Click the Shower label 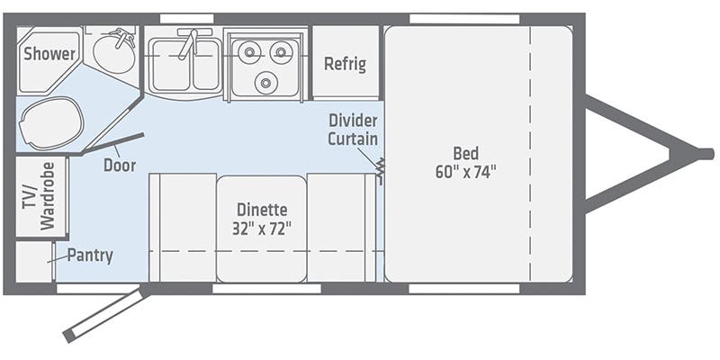tap(49, 54)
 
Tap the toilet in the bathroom tap(51, 122)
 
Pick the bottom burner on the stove tap(265, 84)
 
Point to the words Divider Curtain tap(353, 130)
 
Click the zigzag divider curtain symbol tap(380, 168)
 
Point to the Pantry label tap(90, 256)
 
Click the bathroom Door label tap(119, 165)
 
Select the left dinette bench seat tap(183, 227)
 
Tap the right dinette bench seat tap(340, 227)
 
